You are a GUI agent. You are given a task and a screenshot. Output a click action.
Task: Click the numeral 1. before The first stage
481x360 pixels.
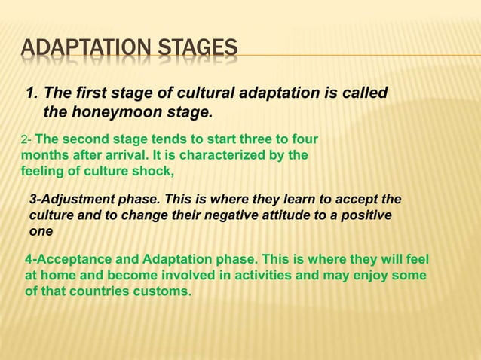click(32, 94)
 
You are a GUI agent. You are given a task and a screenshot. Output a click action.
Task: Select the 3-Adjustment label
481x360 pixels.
click(66, 199)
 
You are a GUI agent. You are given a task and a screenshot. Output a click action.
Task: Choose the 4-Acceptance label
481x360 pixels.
click(66, 260)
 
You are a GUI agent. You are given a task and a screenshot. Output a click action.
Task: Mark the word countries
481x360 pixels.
click(97, 291)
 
